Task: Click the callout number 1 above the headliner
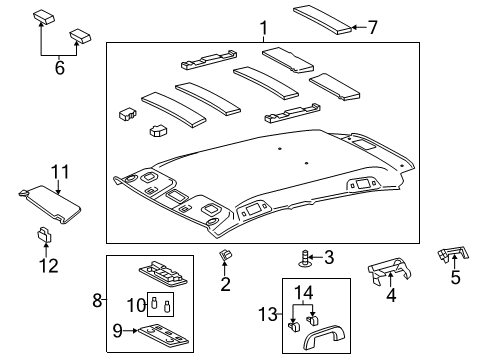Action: pos(234,27)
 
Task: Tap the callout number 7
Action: pos(373,27)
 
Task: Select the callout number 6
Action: pos(59,69)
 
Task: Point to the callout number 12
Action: pos(48,265)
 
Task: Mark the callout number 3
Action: pos(328,257)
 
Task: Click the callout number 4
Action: pos(391,296)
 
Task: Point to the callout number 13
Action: pos(265,314)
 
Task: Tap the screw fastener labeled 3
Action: pos(303,259)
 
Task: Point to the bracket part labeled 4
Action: pos(389,271)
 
